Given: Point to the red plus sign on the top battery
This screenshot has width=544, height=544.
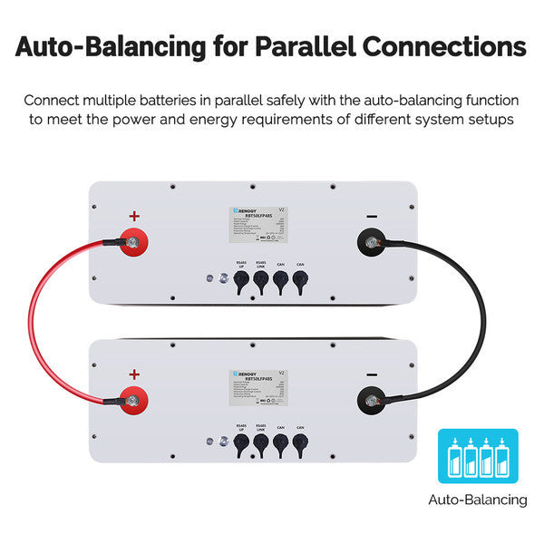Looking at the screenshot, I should point(134,217).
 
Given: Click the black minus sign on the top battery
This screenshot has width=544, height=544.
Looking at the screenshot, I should point(371,217).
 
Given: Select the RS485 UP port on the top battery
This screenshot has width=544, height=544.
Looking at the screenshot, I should point(241,284).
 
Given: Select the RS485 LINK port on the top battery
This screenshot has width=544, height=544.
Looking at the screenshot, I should point(260,284).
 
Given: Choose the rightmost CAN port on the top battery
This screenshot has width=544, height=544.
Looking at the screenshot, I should point(300,284).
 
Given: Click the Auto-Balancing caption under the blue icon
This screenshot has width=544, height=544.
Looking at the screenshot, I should point(478,500).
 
